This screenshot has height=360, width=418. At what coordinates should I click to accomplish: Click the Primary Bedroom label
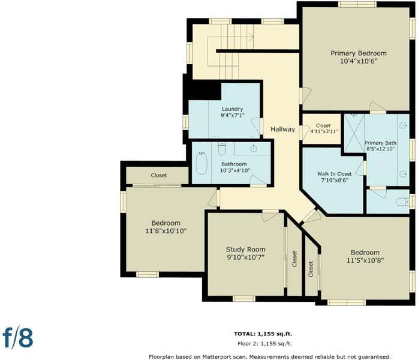pos(359,53)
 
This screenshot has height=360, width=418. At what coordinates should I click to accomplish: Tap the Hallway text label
pos(283,130)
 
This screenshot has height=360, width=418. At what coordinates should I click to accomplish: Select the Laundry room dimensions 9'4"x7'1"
pos(233,115)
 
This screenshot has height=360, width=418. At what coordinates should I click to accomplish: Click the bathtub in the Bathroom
pos(202,163)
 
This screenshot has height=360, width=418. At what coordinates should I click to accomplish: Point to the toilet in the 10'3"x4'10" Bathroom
pos(222,148)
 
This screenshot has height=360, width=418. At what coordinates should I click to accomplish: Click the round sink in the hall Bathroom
pos(254,149)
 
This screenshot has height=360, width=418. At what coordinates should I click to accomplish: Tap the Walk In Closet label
pos(334,174)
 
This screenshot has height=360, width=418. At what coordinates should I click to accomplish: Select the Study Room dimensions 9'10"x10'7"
pos(245,257)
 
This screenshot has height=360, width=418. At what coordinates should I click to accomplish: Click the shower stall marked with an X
pos(354,130)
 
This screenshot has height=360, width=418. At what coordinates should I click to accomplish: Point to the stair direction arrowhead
pos(251,37)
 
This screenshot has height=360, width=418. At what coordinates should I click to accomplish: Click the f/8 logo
pos(18,338)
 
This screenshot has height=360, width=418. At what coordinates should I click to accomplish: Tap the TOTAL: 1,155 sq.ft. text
pos(263,334)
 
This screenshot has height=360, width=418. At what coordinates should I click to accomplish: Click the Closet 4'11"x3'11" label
pos(324,128)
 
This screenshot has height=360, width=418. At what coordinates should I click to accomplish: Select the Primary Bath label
pos(380,143)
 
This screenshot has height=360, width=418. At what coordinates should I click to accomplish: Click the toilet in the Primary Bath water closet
pos(402,202)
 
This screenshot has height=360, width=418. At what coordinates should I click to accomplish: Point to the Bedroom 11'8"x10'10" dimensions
pos(166,231)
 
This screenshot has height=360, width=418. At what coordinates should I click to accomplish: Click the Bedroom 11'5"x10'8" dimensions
pos(365,260)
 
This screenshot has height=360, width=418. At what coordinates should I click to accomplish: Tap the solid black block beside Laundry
pos(204,90)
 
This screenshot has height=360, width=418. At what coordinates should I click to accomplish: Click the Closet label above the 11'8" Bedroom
pos(159,175)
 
